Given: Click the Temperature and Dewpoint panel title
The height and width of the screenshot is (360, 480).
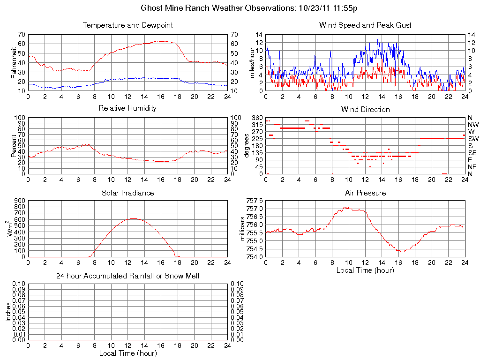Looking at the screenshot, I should (x=128, y=25).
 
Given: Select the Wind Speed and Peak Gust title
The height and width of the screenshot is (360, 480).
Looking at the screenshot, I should (x=365, y=25).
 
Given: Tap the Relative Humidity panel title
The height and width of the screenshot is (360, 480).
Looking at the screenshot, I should (x=127, y=108).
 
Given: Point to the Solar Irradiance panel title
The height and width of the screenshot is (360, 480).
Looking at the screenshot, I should (x=127, y=193).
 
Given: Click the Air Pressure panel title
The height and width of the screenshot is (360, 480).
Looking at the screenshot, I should (x=365, y=193).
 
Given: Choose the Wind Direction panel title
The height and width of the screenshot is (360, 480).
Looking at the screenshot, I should (x=365, y=109).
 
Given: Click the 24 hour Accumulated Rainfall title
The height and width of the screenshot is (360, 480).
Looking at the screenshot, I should (x=128, y=276).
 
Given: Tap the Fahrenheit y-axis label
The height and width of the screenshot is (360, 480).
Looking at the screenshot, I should (x=13, y=62).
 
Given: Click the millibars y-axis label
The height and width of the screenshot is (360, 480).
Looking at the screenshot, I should (x=242, y=228).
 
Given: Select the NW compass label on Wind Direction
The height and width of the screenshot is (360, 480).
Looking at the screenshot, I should (x=472, y=125).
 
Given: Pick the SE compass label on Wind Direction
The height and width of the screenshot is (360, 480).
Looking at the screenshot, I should (x=472, y=153).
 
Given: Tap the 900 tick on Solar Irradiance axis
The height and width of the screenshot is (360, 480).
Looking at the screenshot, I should (x=20, y=201).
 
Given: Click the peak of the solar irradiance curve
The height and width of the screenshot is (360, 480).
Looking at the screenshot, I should (x=134, y=218).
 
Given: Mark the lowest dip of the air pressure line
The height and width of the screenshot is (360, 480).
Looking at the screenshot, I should (x=402, y=252).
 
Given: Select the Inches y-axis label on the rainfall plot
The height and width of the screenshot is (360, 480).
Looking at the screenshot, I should (x=8, y=312).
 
